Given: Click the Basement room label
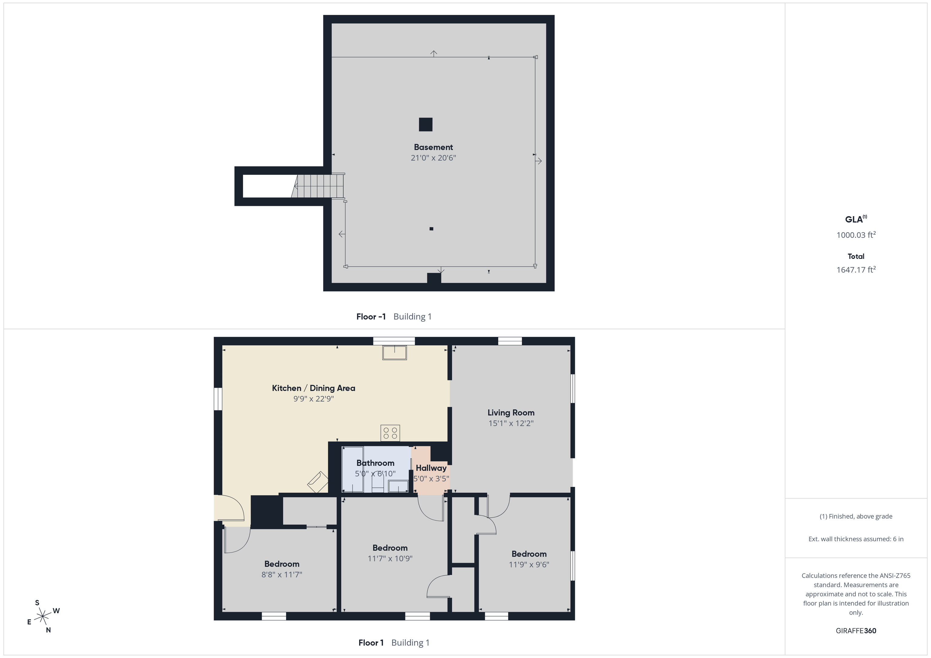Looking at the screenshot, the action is tap(433, 147).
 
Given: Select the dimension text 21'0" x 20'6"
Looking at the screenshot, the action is tap(433, 158).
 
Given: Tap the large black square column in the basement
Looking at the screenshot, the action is tap(425, 124).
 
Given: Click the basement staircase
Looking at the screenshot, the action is tap(318, 186).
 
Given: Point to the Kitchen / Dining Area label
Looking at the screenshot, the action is tap(313, 388).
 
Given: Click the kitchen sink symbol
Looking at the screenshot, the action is tap(394, 352).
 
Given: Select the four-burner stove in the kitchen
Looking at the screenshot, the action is tap(390, 433).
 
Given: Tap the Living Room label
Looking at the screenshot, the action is tap(511, 412).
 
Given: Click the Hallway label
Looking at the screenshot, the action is tap(431, 468).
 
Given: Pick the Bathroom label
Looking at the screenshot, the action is tap(375, 463).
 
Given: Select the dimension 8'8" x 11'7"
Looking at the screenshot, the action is tap(282, 574).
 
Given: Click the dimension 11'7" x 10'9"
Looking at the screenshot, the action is tap(390, 558).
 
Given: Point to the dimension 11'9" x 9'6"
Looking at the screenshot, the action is tap(529, 564).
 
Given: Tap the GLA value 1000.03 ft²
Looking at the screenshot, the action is tap(856, 235).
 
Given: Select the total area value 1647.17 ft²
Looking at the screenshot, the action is tap(856, 269).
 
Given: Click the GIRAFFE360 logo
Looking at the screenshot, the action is tap(856, 630).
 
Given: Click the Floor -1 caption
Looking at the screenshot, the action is tap(371, 316).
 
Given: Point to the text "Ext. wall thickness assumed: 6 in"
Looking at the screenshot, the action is tap(856, 539).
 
